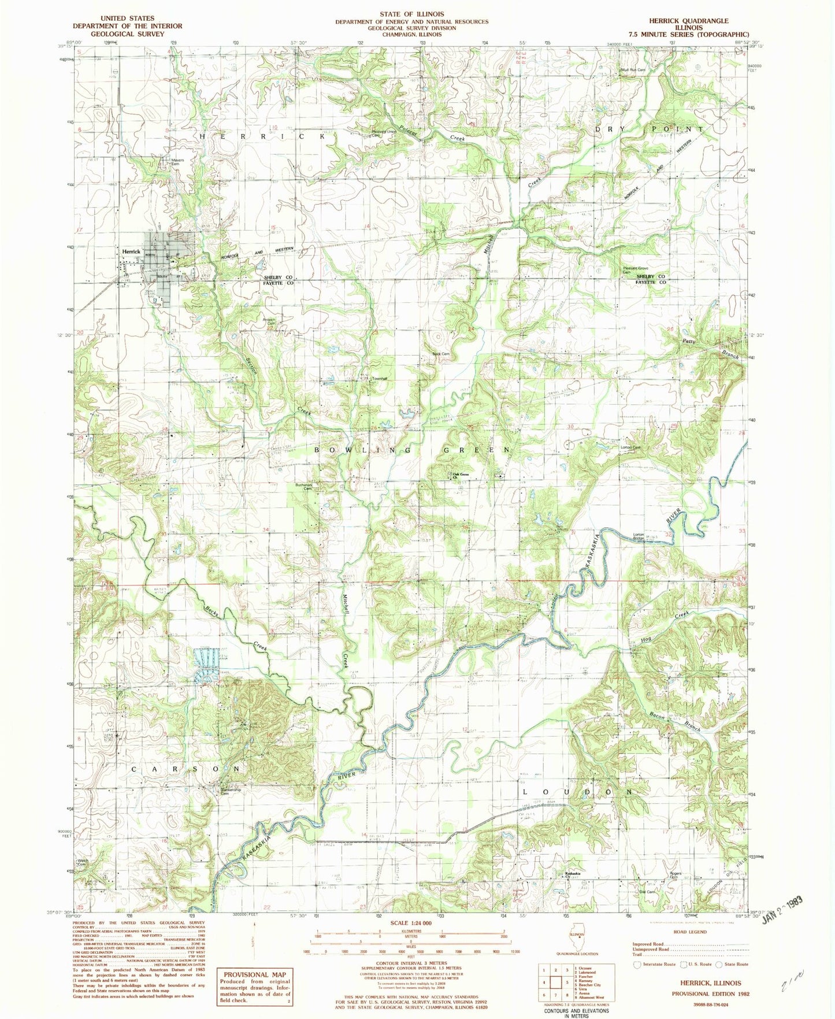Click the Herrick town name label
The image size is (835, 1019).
tap(131, 252)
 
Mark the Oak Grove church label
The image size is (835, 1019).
tap(460, 475)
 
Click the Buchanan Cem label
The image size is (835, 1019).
tap(304, 487)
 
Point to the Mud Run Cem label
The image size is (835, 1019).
tap(633, 70)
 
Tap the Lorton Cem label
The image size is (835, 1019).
tap(630, 447)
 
